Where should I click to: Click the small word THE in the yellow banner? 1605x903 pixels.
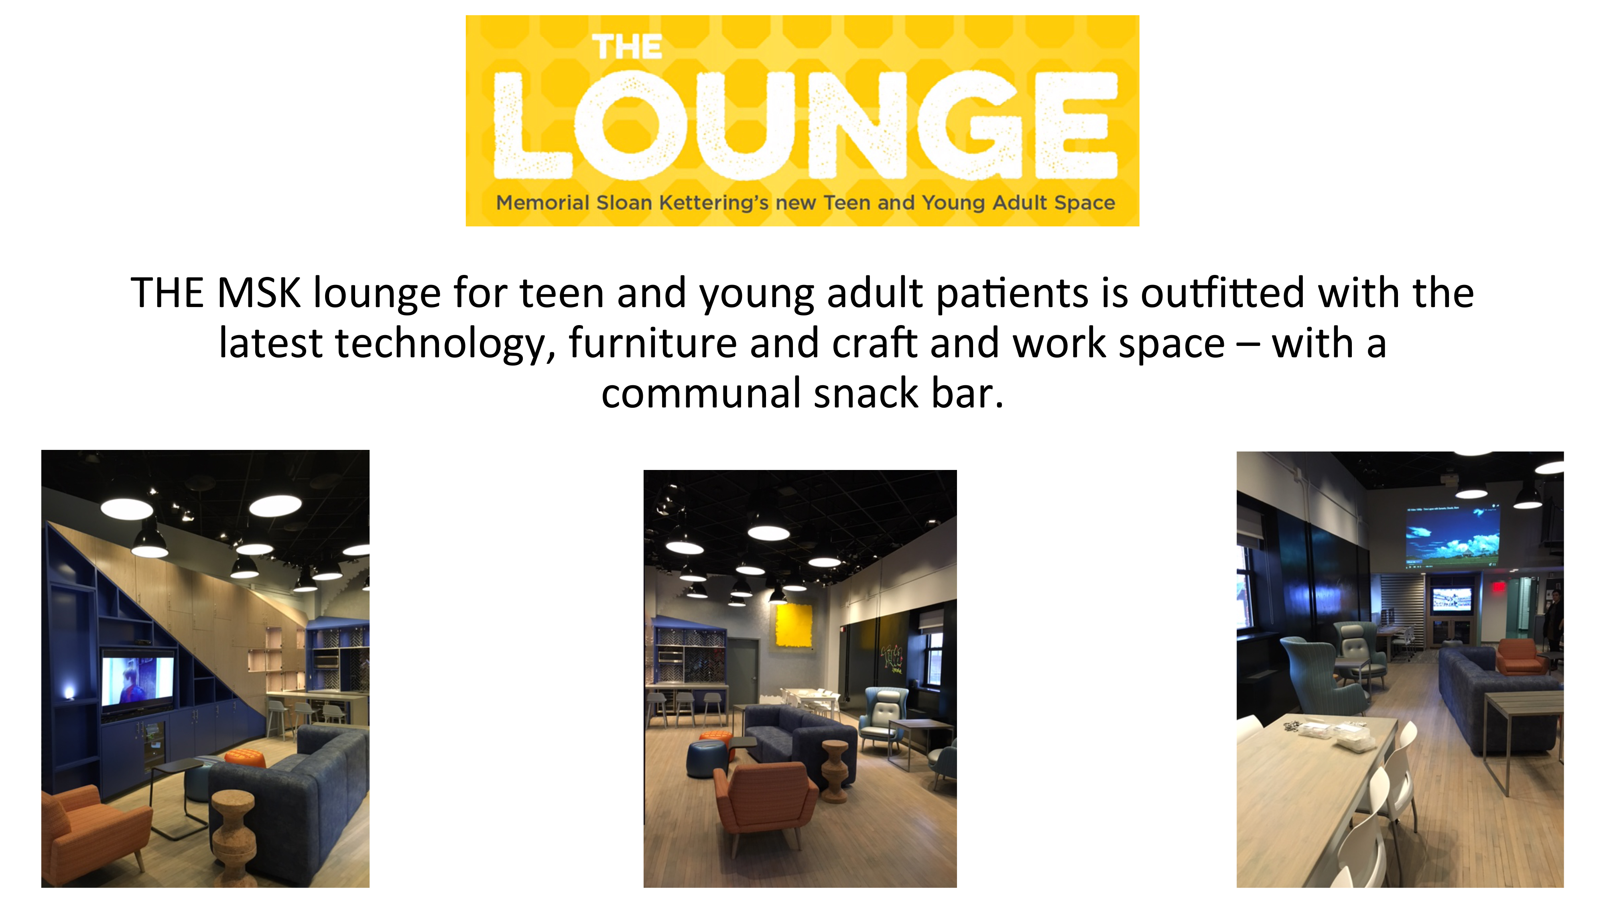[x=627, y=47]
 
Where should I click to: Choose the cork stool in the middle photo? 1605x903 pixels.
[x=835, y=771]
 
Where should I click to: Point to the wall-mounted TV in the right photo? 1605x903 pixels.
[x=1451, y=600]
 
